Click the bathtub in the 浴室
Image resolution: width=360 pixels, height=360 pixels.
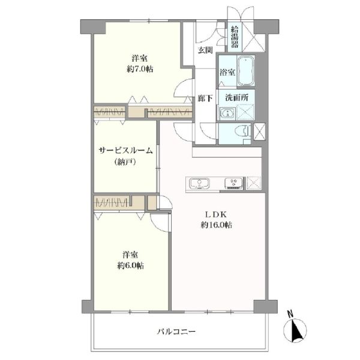coord(245,71)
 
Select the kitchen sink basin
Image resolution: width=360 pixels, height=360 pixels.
coord(199,184)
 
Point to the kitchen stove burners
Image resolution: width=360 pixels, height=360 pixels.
coord(234,183)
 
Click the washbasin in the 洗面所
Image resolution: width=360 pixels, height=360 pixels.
coord(227,113)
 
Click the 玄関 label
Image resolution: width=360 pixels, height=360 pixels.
coord(205,50)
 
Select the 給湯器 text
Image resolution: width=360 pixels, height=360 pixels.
coord(235,37)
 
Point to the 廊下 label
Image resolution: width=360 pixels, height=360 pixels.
coord(205,98)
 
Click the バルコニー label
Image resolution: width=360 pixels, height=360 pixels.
coord(176,332)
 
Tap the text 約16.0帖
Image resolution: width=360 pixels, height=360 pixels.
coord(216,225)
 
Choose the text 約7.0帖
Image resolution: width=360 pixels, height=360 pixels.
coord(140,68)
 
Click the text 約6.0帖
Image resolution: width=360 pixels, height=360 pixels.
coord(130,266)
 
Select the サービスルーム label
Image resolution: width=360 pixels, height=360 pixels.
coord(125,151)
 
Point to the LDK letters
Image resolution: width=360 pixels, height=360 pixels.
coord(216,215)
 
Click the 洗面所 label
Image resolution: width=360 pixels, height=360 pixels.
coord(237,98)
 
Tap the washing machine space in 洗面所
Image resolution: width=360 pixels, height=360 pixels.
coord(245,112)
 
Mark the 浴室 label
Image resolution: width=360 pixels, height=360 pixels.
coord(227,73)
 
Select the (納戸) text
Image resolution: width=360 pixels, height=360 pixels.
coord(125,162)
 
